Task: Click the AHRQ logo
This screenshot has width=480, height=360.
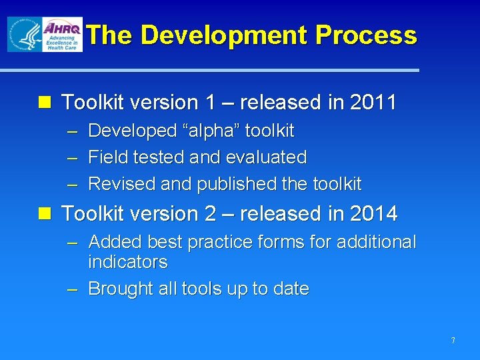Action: (x=62, y=35)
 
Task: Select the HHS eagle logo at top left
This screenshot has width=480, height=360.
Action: (x=24, y=35)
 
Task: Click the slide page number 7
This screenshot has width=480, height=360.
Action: (x=453, y=341)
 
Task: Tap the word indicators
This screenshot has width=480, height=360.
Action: (x=128, y=262)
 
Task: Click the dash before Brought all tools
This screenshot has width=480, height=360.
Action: (x=74, y=289)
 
